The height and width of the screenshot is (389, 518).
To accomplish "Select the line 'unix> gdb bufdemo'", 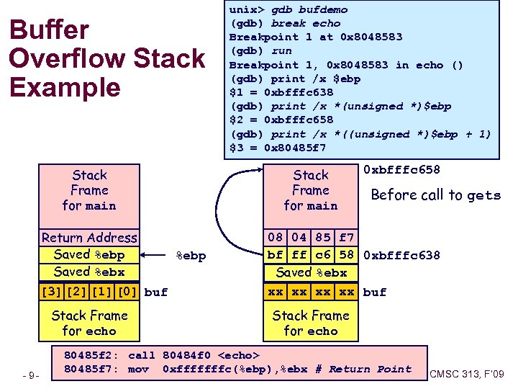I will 288,9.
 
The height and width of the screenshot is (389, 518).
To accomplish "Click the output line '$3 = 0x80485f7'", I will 277,148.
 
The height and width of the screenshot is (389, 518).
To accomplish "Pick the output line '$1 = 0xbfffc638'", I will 281,92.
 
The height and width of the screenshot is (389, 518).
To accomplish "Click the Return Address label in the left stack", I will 88,238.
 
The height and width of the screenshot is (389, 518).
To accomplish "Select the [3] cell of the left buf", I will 51,292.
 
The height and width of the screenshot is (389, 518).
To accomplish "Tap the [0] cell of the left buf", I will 128,292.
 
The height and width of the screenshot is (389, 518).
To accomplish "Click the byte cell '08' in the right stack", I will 276,238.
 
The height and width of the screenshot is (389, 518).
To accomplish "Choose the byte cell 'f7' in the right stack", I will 347,238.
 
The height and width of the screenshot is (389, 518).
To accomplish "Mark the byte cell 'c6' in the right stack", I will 323,255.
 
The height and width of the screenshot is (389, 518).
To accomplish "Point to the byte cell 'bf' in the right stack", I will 276,255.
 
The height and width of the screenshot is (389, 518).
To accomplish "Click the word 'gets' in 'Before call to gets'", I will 483,195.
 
